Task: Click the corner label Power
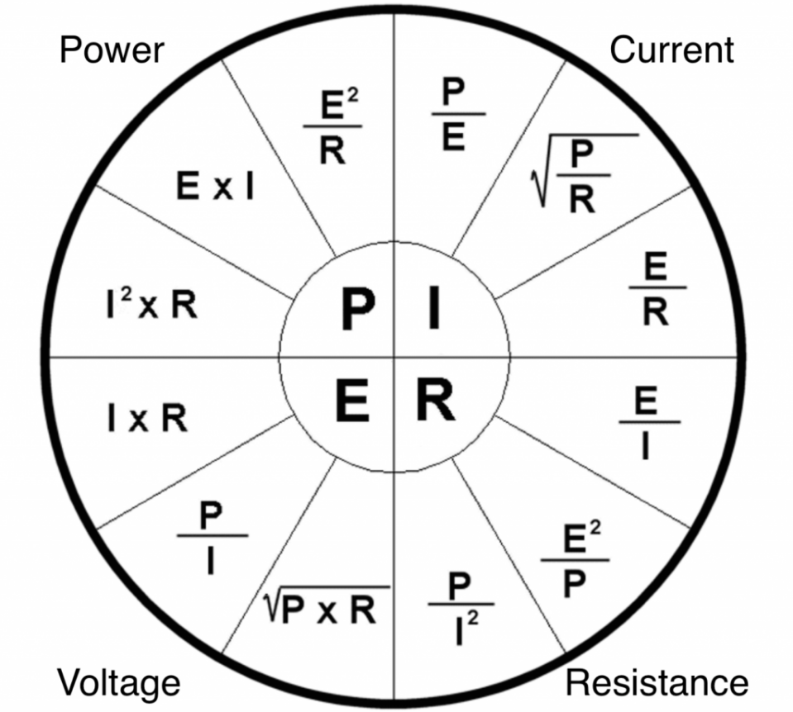click(x=112, y=51)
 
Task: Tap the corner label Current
click(x=671, y=50)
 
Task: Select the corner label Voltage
click(x=118, y=683)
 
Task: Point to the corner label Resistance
click(x=657, y=683)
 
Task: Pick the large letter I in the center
click(x=432, y=310)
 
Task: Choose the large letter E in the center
click(x=351, y=403)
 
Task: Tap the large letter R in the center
click(x=434, y=402)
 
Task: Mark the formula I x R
click(x=146, y=420)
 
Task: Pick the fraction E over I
click(x=649, y=425)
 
